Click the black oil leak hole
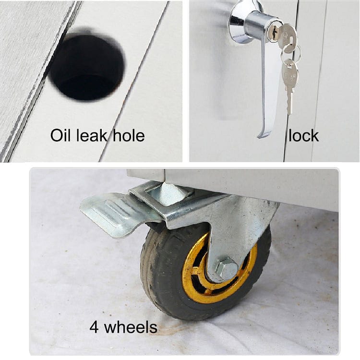87,67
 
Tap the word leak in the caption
92,135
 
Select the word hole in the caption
129,135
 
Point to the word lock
303,135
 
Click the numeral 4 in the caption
94,327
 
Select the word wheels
131,327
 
